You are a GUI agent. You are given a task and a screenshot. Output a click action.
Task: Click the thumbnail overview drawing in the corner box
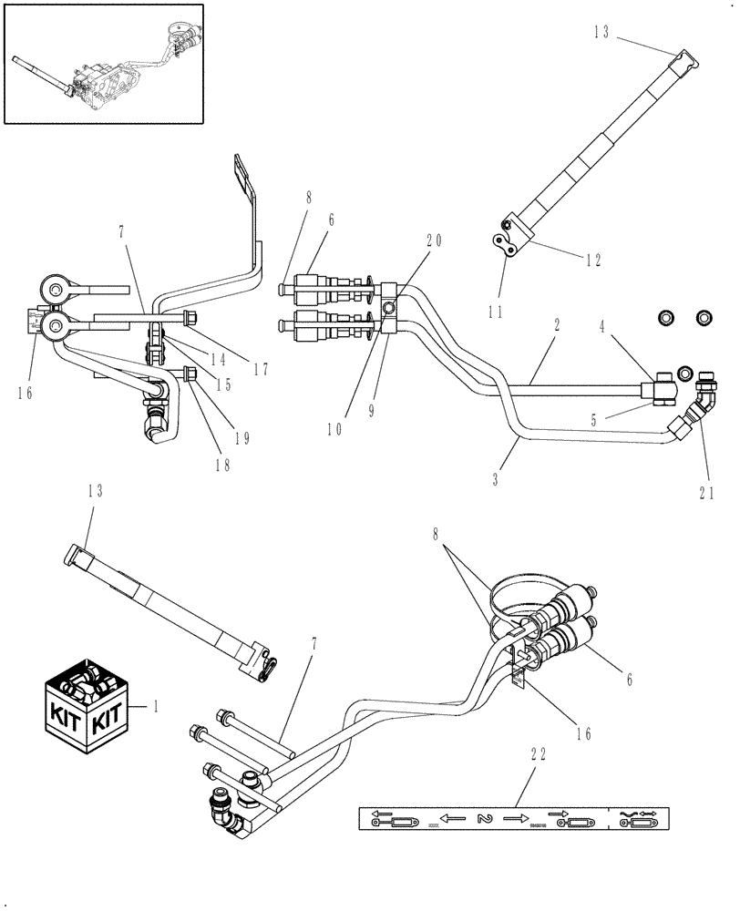point(104,62)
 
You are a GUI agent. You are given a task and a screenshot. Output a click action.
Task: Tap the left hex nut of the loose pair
point(666,318)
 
